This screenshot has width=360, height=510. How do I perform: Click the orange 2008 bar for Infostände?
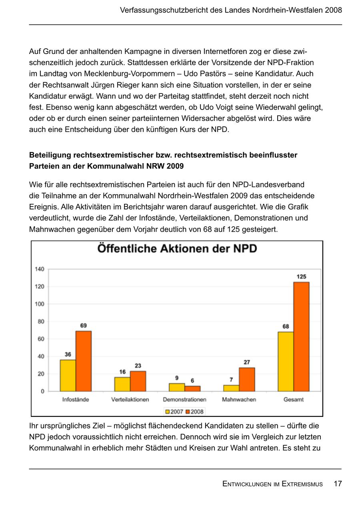84,361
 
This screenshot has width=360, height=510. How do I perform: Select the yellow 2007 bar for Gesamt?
286,361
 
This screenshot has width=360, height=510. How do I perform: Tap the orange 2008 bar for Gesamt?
301,337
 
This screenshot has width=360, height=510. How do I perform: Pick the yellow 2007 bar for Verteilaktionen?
122,384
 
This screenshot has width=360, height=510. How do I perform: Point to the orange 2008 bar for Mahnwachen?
247,379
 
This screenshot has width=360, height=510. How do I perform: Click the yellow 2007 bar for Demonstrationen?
177,387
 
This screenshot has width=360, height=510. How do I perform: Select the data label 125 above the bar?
301,277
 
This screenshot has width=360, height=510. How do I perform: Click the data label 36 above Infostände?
68,354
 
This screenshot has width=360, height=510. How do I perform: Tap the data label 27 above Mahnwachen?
247,362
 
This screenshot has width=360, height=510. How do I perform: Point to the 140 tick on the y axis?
39,269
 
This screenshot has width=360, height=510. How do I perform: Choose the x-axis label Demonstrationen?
184,399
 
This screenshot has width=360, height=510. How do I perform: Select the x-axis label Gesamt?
293,399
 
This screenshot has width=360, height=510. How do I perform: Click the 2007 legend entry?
174,411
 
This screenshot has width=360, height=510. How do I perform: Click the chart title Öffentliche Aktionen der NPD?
177,249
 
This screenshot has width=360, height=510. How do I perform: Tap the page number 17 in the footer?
338,484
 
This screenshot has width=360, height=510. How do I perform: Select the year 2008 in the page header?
333,10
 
